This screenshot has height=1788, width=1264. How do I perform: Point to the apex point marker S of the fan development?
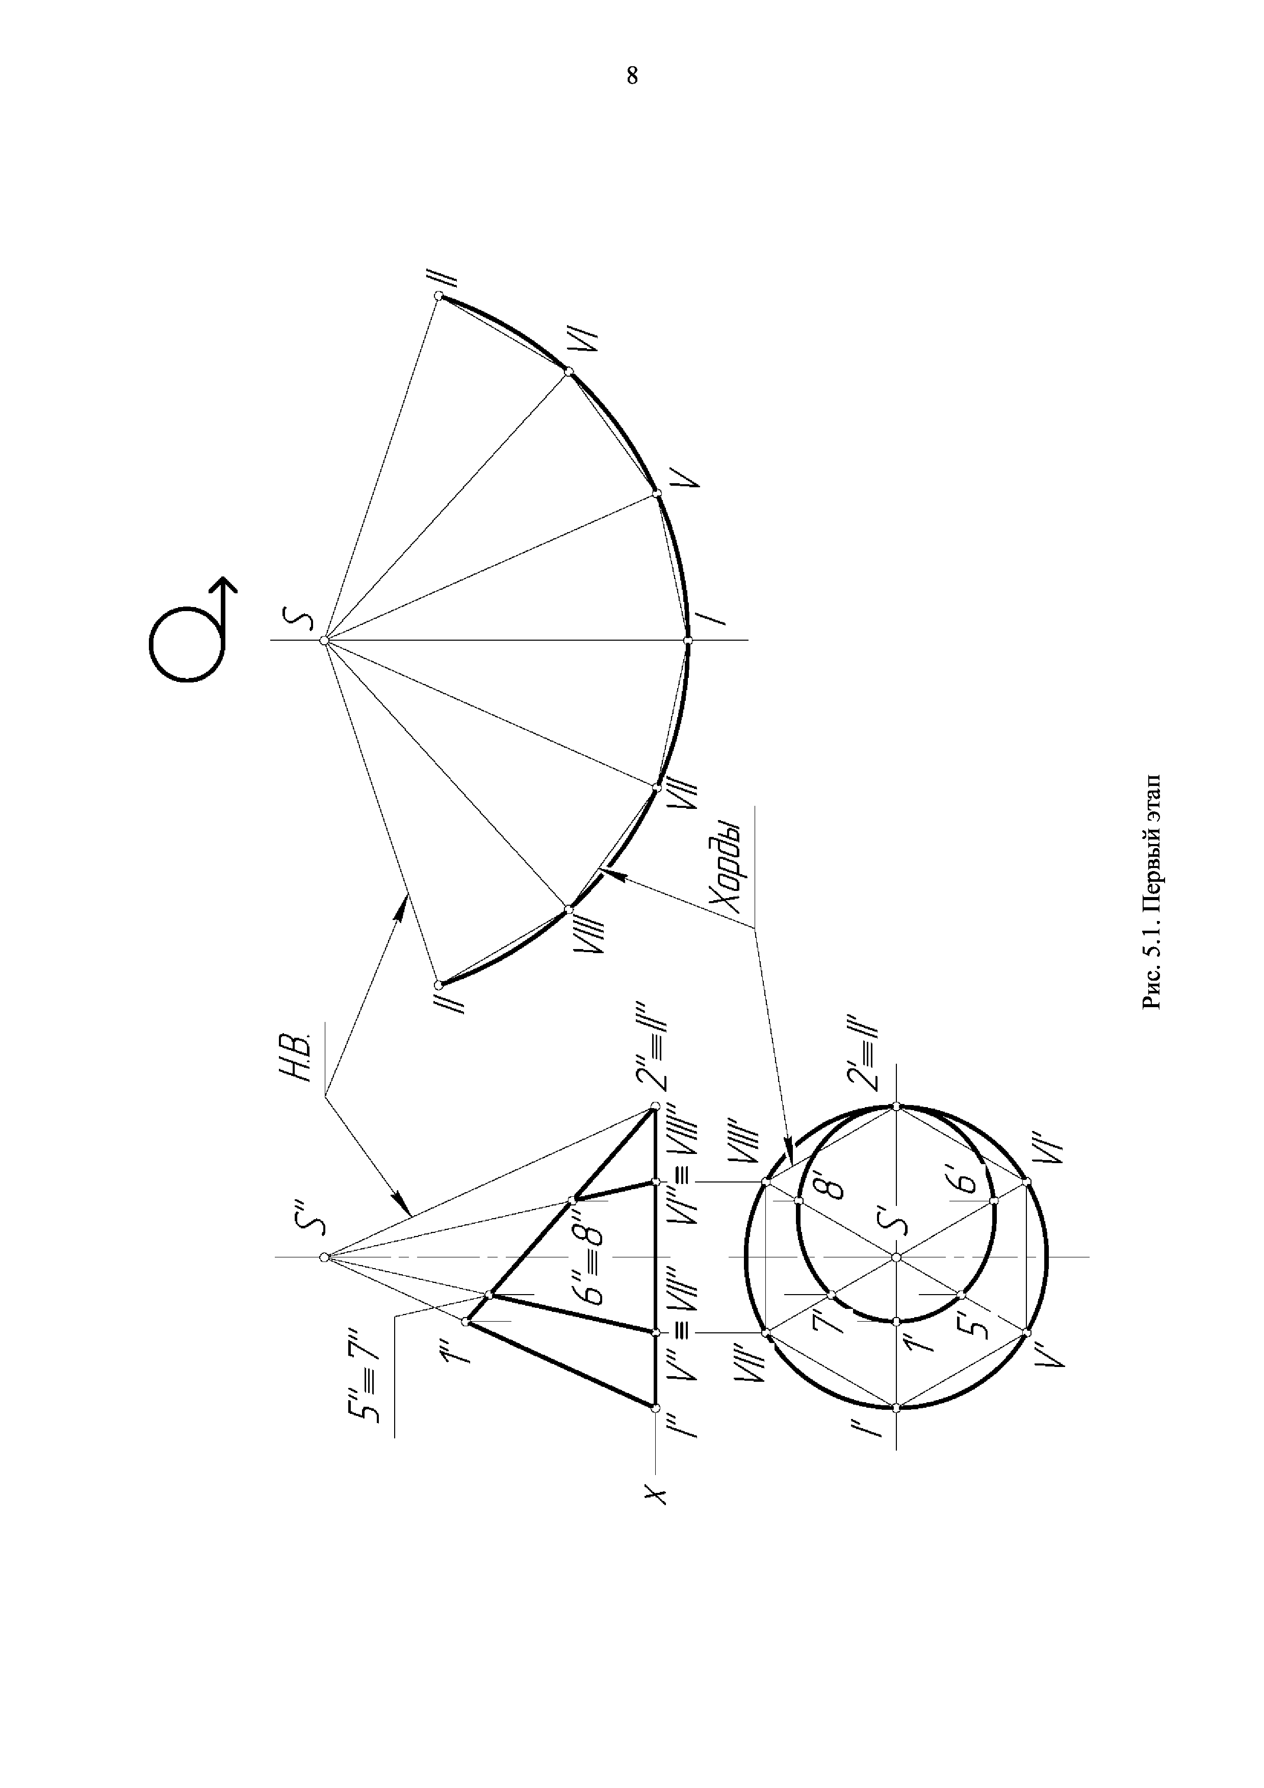point(324,640)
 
